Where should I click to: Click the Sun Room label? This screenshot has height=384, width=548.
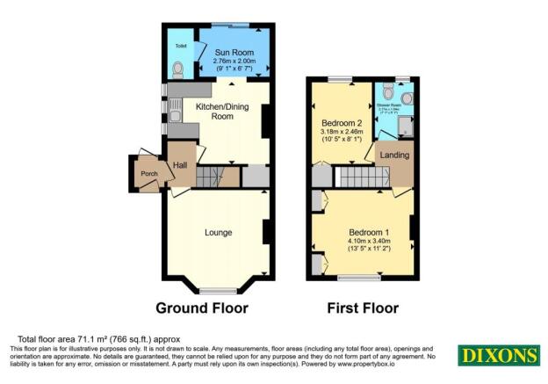coord(233,53)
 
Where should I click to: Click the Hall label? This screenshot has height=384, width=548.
coord(181,164)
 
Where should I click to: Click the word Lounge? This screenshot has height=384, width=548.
coord(218,233)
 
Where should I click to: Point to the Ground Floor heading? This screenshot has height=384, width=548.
coord(201,308)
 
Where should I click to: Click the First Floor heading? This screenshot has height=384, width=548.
coord(363,308)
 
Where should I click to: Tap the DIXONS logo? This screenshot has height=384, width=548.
coord(497,355)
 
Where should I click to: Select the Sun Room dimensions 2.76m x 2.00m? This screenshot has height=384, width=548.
coord(233,62)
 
